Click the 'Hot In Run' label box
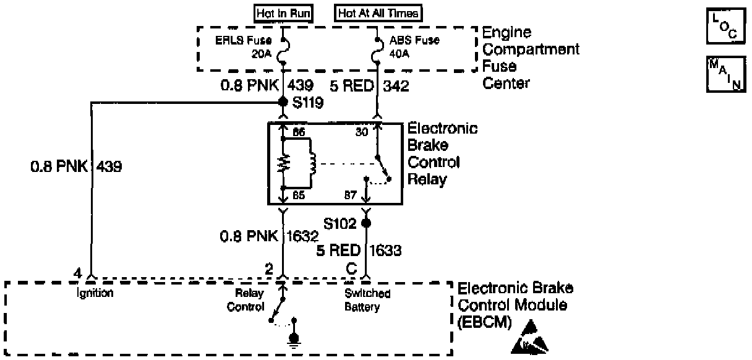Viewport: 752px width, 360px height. click(283, 13)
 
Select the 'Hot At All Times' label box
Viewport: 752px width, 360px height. click(379, 13)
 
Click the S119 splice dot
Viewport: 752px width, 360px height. click(283, 101)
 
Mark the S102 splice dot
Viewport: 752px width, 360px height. click(366, 222)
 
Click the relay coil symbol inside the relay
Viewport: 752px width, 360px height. click(313, 163)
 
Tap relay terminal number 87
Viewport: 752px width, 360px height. click(350, 196)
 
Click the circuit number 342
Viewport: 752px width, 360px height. click(396, 87)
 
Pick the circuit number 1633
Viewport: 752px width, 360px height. click(386, 251)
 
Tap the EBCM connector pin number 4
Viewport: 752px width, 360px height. click(77, 272)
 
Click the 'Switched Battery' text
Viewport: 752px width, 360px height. click(367, 301)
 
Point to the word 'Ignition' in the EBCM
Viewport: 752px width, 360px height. click(95, 294)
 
